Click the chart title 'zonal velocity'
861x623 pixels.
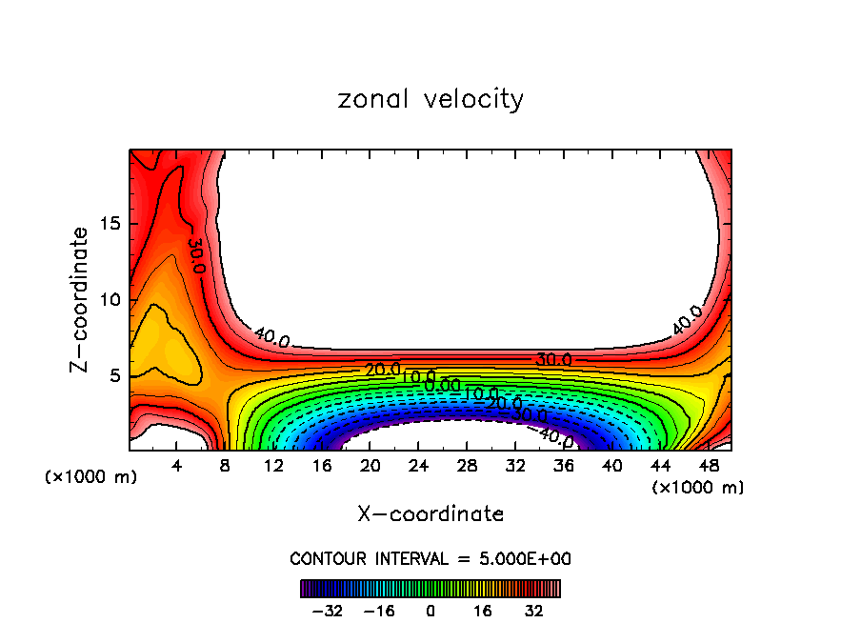pyautogui.click(x=430, y=99)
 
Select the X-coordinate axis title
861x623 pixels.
pyautogui.click(x=430, y=514)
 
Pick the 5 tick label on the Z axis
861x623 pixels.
pyautogui.click(x=113, y=376)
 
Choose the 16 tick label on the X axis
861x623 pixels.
pyautogui.click(x=322, y=466)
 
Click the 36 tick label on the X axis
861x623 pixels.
pyautogui.click(x=564, y=466)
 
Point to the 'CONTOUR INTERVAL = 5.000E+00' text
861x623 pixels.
pyautogui.click(x=430, y=559)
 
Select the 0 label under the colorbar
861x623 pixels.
pyautogui.click(x=430, y=611)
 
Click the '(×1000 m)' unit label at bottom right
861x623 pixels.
pyautogui.click(x=698, y=488)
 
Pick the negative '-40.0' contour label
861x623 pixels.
pyautogui.click(x=555, y=437)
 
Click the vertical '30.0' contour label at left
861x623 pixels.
pyautogui.click(x=195, y=255)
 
